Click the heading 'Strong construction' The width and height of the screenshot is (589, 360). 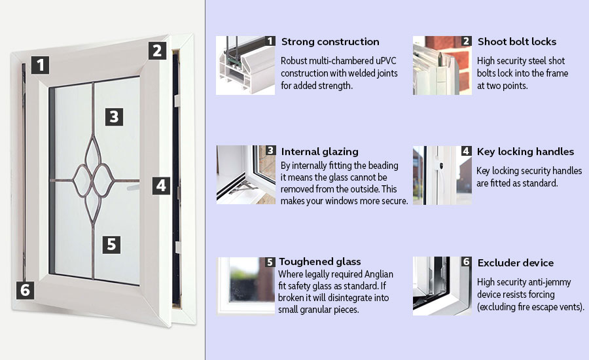pos(330,42)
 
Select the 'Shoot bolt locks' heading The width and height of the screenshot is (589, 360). pos(517,42)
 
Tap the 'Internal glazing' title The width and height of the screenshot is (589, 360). pos(319,152)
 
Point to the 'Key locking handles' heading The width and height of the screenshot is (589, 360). pos(526,152)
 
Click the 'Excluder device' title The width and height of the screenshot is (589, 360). pos(516,262)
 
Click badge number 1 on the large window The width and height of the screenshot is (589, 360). pos(41,65)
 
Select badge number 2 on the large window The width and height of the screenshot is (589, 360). pos(156,50)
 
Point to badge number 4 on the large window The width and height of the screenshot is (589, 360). pos(160,185)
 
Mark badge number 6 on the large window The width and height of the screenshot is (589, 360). pos(24,289)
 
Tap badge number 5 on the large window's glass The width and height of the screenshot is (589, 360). pos(112,244)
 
